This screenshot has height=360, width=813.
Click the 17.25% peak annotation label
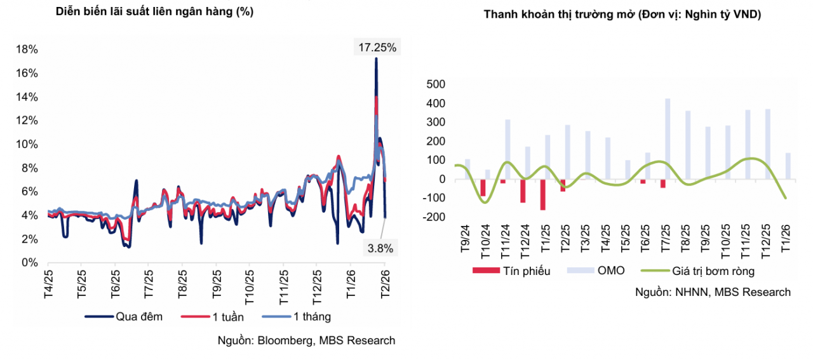click(377, 47)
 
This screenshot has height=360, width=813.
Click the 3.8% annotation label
click(380, 249)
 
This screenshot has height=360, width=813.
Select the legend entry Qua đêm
click(124, 316)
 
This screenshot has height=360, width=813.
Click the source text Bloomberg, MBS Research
click(306, 341)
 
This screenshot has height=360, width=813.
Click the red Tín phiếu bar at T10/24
click(483, 188)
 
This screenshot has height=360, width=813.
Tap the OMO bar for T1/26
click(788, 166)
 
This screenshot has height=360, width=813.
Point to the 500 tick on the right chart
click(437, 84)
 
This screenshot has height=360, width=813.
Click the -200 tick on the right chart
click(434, 217)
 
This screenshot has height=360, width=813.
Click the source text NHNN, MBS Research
click(713, 292)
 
